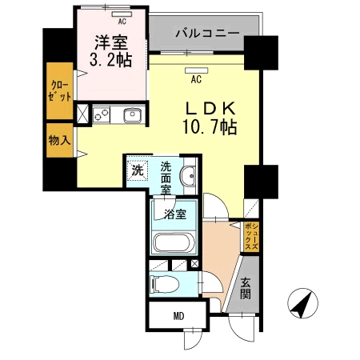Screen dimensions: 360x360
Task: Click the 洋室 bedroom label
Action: [x=112, y=43]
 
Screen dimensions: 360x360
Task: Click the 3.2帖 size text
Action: [x=112, y=60]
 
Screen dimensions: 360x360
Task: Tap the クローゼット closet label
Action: [x=60, y=90]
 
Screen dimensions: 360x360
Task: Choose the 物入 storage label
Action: [x=59, y=139]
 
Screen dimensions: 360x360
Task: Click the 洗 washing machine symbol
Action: [x=138, y=170]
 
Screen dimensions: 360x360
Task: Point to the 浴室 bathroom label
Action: [x=175, y=214]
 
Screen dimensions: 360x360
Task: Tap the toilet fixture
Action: [x=165, y=283]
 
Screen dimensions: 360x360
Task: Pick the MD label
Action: [x=178, y=316]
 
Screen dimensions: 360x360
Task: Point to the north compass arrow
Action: [x=302, y=304]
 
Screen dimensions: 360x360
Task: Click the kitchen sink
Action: [x=132, y=117]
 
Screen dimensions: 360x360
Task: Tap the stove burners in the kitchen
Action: [x=102, y=115]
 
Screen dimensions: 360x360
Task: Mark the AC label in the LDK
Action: [x=195, y=79]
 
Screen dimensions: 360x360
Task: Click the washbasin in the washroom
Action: [x=190, y=177]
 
